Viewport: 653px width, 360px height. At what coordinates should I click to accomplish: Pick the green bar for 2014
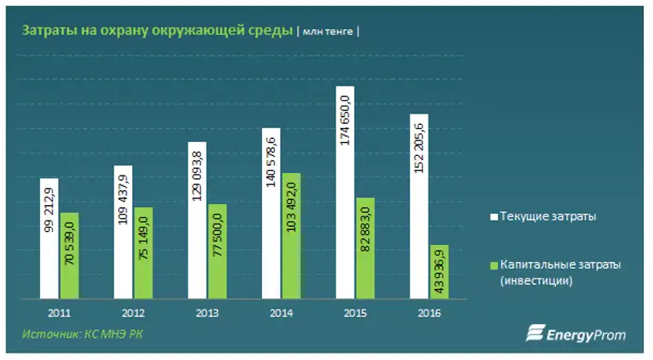292,236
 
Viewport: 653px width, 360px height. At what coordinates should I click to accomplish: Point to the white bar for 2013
198,220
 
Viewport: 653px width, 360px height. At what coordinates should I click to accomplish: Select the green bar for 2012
144,253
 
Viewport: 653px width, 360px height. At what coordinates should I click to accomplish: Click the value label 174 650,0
345,120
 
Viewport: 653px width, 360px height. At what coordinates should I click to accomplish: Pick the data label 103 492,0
292,211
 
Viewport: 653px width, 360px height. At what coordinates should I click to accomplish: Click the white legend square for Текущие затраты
492,217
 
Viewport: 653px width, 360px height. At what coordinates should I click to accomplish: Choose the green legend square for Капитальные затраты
492,265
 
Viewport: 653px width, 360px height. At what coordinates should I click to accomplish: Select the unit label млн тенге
330,32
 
